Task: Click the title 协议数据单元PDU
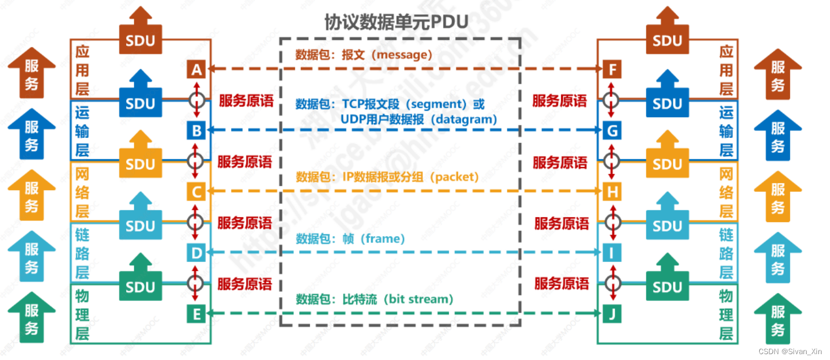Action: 396,22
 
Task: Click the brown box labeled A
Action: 196,69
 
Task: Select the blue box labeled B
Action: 196,130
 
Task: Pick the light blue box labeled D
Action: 196,252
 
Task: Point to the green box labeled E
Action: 196,314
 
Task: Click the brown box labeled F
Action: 612,69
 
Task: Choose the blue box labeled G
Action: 612,130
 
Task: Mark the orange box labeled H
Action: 612,191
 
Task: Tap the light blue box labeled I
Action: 612,252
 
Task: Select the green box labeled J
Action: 612,314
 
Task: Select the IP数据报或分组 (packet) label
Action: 410,177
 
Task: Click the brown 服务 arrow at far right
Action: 778,74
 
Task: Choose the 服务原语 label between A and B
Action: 246,101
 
